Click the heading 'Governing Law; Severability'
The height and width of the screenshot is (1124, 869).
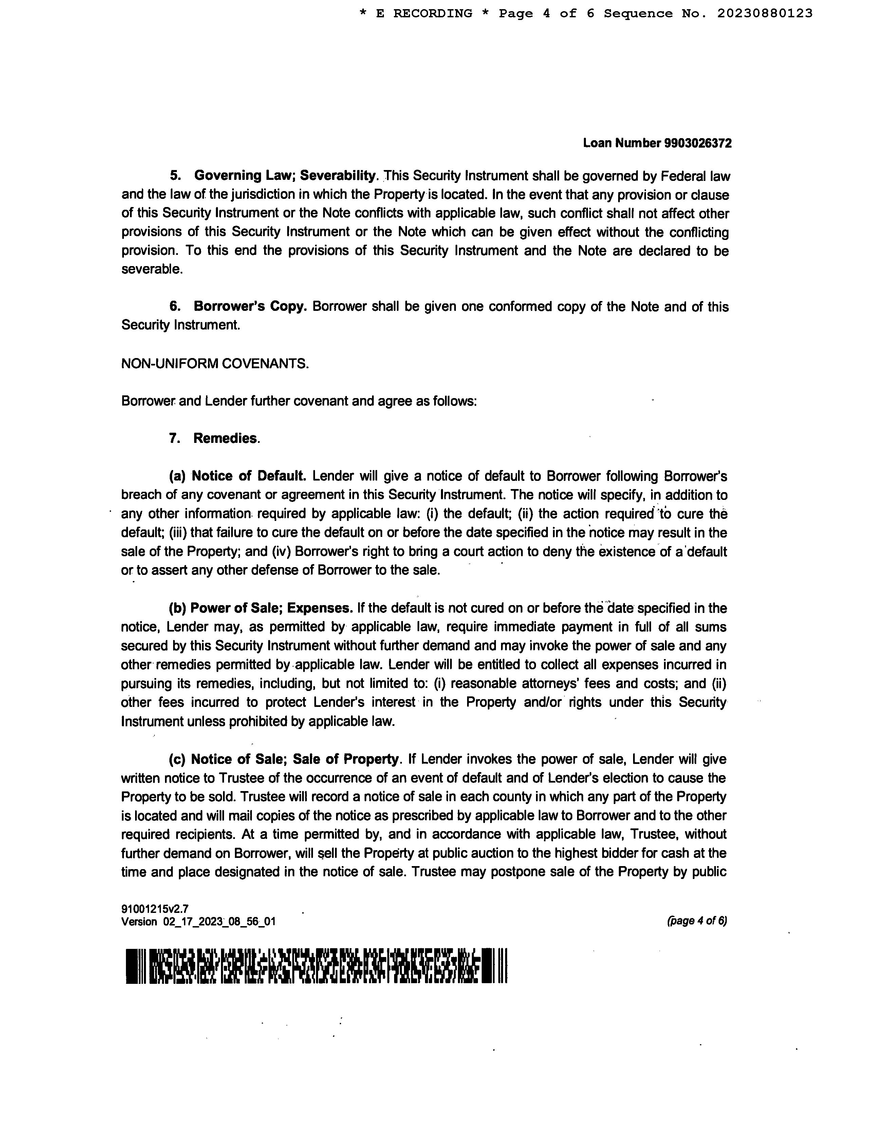click(x=285, y=176)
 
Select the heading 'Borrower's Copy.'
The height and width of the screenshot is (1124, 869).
click(x=250, y=307)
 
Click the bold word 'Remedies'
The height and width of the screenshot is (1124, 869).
click(x=225, y=438)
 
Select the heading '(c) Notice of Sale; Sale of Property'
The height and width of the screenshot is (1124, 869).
click(x=284, y=760)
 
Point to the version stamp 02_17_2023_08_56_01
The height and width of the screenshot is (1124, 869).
click(x=219, y=922)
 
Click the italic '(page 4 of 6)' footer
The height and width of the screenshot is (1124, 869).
click(x=697, y=921)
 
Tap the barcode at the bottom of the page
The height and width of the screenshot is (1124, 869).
click(x=316, y=966)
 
